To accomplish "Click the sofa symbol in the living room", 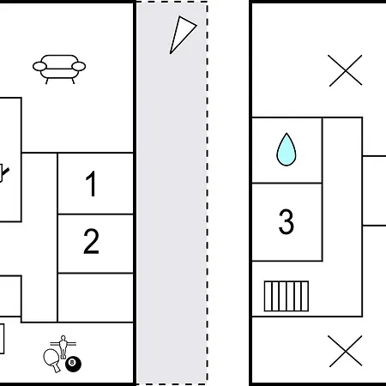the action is click(59, 69).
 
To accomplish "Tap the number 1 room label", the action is click(91, 184).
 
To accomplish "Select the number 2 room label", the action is click(91, 241).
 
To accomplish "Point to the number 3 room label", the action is click(286, 221).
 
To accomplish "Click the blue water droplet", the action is click(286, 149).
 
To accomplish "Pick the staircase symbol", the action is click(286, 296).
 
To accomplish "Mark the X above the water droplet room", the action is click(345, 70).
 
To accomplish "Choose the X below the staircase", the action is click(345, 351).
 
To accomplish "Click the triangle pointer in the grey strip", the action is click(181, 33).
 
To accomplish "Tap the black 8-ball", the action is click(73, 364).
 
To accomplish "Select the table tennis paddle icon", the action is click(52, 360).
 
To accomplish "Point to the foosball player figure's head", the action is click(63, 338).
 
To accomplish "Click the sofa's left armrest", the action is click(39, 66).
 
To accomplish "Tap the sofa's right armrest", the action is click(79, 66).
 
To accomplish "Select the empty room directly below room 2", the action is click(95, 298).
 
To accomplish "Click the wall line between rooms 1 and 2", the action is click(95, 214).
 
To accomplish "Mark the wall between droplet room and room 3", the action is click(286, 183).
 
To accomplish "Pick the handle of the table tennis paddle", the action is click(57, 368).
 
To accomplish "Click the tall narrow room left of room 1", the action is click(39, 238).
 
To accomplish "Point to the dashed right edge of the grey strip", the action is click(208, 193).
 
